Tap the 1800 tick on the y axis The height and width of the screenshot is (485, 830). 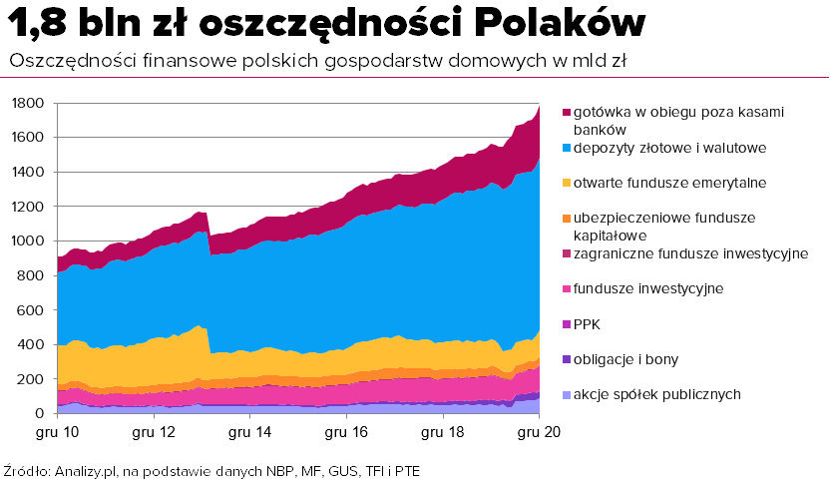(28, 103)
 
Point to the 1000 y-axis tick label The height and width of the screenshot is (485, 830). (28, 241)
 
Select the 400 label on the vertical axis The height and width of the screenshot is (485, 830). (31, 344)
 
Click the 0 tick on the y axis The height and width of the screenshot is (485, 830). (40, 413)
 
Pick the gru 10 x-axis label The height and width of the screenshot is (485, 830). (57, 432)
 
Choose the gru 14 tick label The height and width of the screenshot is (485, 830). (249, 432)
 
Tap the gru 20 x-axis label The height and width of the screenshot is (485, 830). (539, 432)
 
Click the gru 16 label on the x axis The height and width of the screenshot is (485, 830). (346, 432)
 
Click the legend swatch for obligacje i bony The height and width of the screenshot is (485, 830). (567, 360)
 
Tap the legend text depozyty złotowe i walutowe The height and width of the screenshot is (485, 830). (669, 148)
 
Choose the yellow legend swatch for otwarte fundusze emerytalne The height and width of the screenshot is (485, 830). (567, 184)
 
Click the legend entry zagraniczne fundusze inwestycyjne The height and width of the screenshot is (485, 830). (690, 254)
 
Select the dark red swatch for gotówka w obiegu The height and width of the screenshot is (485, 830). (567, 113)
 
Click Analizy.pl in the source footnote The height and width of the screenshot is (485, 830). (85, 471)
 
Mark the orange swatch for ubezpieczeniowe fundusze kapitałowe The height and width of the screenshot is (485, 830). (567, 219)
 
